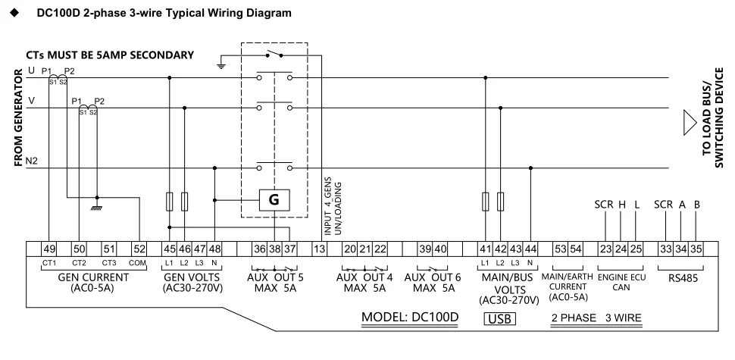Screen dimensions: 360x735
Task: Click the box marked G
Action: (274, 200)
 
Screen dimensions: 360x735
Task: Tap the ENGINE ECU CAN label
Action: (620, 282)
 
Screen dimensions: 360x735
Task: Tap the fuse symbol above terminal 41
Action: (485, 202)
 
